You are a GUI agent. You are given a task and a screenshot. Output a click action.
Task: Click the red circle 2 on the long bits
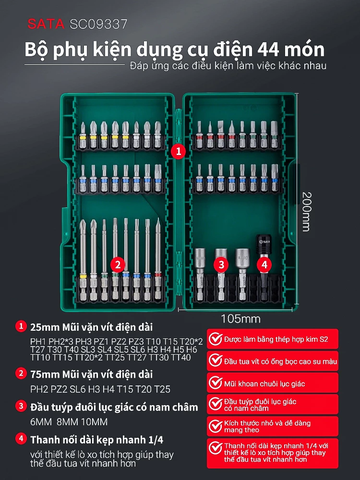coord(117,264)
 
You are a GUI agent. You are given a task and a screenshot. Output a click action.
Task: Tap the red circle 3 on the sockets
coord(221,264)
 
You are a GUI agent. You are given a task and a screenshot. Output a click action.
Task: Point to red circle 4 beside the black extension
coord(264,264)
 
